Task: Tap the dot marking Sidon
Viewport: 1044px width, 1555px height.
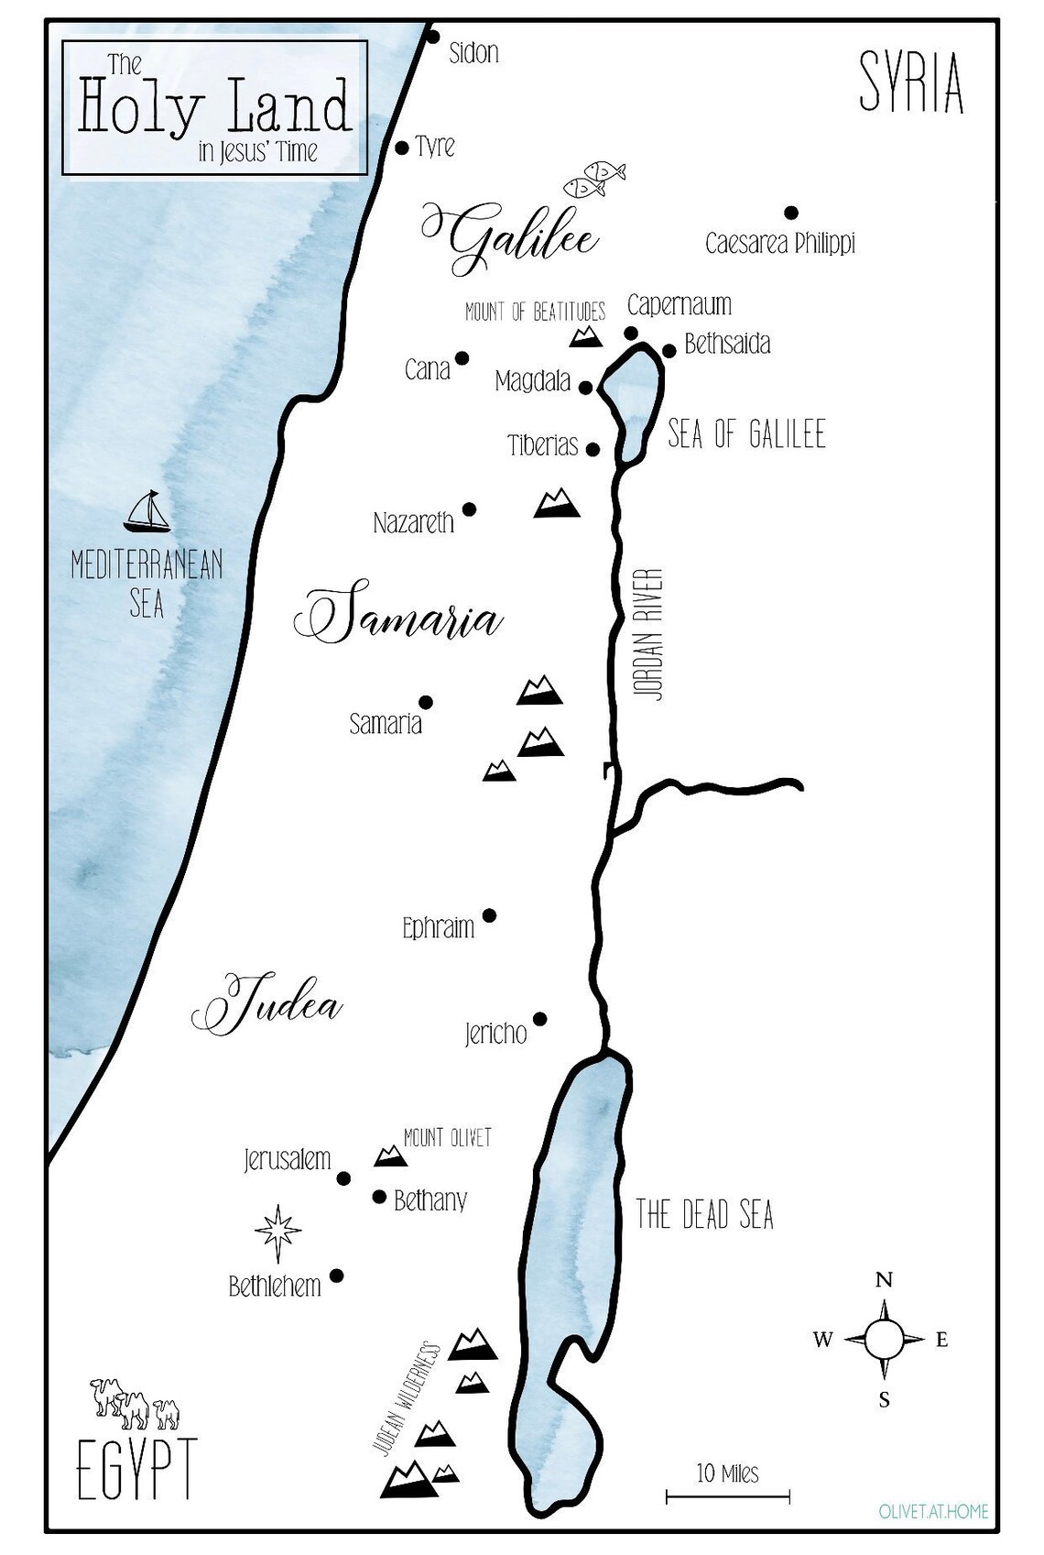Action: [x=434, y=37]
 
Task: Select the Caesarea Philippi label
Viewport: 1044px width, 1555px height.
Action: [x=779, y=244]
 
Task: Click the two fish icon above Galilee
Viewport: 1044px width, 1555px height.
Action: [x=594, y=178]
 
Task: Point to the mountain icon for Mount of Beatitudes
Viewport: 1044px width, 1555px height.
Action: [x=586, y=336]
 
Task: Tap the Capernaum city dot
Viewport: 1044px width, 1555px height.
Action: [x=631, y=333]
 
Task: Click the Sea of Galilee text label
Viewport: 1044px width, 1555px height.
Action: [x=746, y=433]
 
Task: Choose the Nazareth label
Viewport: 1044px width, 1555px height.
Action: [x=414, y=523]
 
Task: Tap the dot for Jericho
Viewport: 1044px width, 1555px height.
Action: [x=539, y=1019]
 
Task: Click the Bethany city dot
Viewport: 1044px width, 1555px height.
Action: [x=379, y=1197]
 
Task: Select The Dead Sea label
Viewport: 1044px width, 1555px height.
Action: [x=704, y=1215]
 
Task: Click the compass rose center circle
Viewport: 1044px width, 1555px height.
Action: [x=884, y=1339]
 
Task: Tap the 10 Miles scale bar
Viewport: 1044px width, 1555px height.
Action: [x=727, y=1496]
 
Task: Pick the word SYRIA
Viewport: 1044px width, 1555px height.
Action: [x=911, y=83]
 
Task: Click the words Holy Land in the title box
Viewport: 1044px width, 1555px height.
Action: [x=215, y=107]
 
